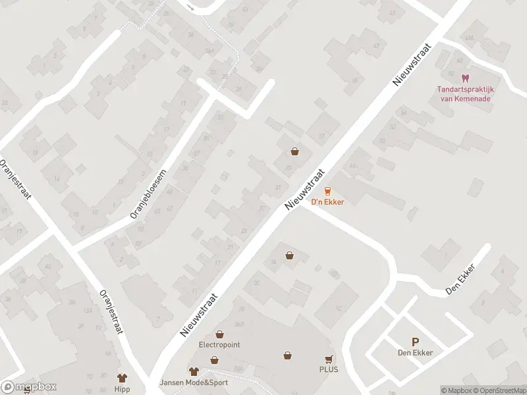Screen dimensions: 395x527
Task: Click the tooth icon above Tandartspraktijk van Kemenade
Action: click(x=466, y=78)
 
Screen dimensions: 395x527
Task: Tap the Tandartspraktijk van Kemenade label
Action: click(x=466, y=94)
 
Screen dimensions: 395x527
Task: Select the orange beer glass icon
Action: click(x=327, y=192)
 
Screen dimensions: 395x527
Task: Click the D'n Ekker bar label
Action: click(x=327, y=202)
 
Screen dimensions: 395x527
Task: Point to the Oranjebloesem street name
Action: click(x=148, y=192)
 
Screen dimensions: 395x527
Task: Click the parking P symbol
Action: click(x=415, y=342)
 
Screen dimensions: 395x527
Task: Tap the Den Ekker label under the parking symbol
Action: click(x=415, y=353)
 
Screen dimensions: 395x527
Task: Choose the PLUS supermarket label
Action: click(x=329, y=369)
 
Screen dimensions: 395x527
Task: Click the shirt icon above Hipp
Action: click(x=122, y=378)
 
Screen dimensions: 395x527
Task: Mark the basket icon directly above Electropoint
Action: click(x=214, y=360)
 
